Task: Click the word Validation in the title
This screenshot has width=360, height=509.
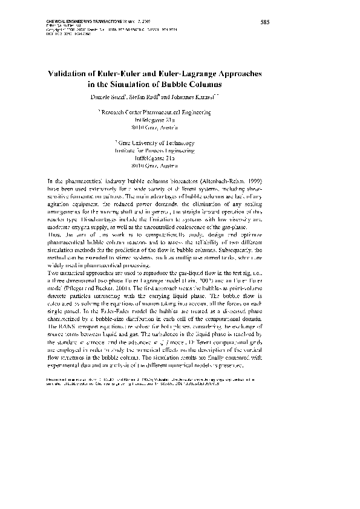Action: [70, 73]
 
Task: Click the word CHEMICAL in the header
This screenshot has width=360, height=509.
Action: [59, 20]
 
